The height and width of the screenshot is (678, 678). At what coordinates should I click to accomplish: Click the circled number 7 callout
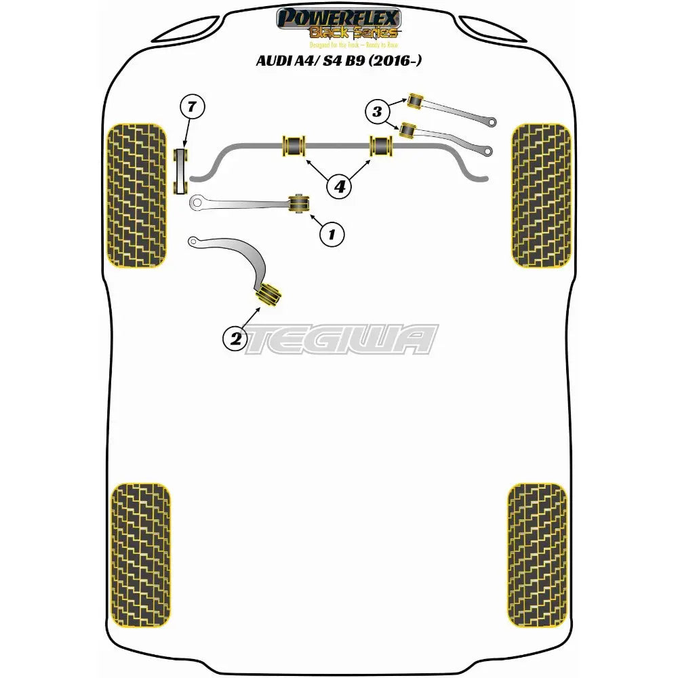click(192, 106)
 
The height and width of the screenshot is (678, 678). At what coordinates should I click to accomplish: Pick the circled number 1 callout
click(332, 234)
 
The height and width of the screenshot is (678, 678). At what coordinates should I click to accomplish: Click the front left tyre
click(138, 196)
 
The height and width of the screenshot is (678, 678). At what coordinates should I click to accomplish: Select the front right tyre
click(541, 196)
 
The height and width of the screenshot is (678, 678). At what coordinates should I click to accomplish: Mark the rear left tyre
click(140, 555)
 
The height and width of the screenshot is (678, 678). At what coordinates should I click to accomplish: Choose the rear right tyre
click(536, 555)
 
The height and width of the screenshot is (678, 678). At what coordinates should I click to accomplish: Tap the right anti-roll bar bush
click(381, 145)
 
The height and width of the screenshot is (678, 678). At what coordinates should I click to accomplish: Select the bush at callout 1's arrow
click(299, 202)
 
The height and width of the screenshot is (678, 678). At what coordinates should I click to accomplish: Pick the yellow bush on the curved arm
click(267, 294)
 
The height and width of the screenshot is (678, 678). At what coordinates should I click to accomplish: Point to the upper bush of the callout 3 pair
click(415, 100)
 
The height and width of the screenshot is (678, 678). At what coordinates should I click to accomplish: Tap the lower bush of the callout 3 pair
click(407, 129)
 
